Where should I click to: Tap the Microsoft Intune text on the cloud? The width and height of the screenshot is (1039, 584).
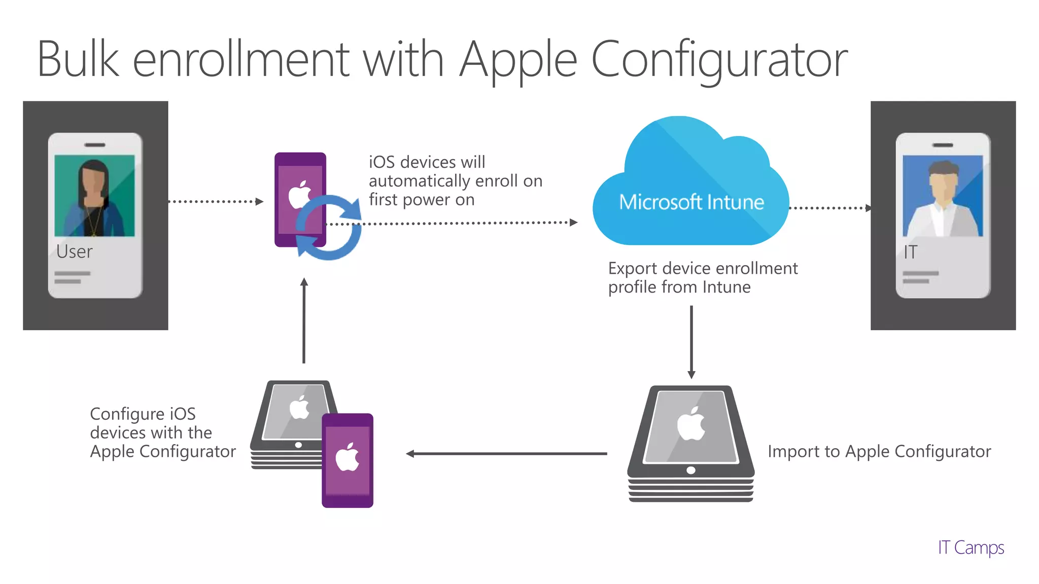coord(691,202)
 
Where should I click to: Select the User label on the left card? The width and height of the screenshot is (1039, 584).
coord(74,251)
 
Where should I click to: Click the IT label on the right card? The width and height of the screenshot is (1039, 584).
coord(910,252)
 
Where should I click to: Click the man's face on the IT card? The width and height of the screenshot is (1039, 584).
coord(943,185)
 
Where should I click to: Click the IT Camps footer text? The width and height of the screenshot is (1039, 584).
coord(971,547)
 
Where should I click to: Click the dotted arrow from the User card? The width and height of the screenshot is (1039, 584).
coord(216,202)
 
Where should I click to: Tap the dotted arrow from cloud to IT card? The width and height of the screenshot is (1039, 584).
coord(830,208)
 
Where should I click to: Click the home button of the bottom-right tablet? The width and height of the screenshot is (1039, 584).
coord(690,470)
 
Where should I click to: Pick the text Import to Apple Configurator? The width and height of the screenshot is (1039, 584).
coord(879,451)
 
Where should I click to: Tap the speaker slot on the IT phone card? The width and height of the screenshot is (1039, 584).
coord(943,145)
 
